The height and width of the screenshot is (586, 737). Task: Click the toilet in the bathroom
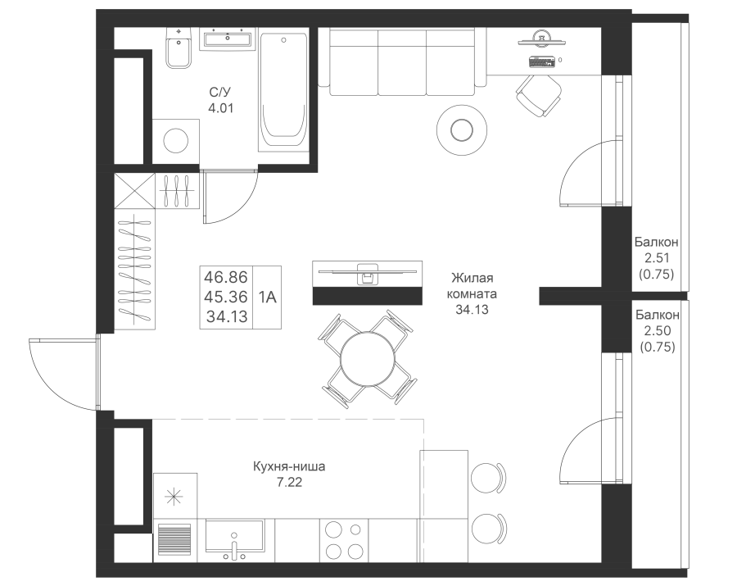coord(179,48)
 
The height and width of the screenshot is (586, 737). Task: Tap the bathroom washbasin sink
coord(228,38)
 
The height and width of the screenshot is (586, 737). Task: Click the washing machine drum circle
coord(176,140)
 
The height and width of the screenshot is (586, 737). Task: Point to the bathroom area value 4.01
coord(221,108)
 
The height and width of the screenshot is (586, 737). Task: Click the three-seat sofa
coord(402,61)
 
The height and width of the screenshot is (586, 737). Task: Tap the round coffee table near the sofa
coord(462,130)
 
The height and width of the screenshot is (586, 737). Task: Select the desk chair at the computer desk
coord(539,95)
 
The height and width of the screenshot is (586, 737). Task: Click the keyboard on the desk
coord(542,61)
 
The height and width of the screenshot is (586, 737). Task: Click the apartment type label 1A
coord(267,297)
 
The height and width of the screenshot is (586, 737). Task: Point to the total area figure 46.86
coord(226,277)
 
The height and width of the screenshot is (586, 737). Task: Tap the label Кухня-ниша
coord(289,466)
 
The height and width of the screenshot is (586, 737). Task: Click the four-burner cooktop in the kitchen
coord(344,540)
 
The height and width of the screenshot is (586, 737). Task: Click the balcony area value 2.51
coord(657,257)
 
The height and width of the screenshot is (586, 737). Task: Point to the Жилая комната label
coord(472,286)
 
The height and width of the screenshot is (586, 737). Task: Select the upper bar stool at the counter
coord(488,478)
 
